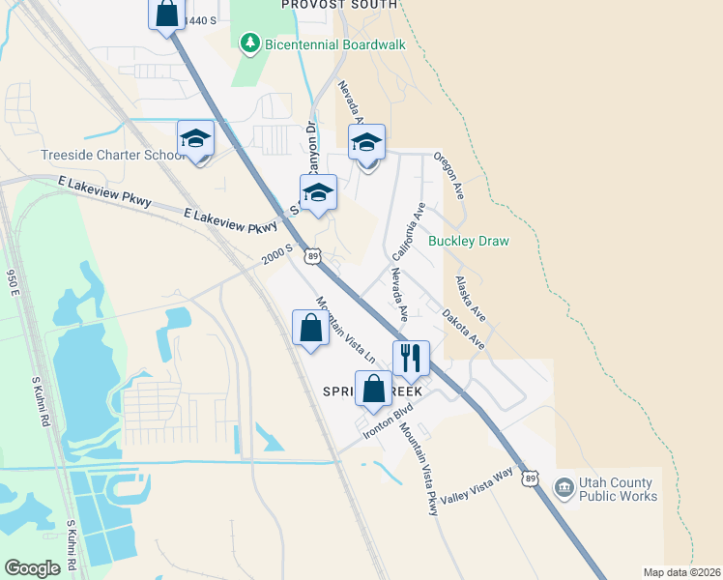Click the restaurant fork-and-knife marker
[x=411, y=358]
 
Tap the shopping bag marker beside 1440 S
[x=166, y=14]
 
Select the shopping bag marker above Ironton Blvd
[x=373, y=389]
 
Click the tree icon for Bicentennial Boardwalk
[x=250, y=43]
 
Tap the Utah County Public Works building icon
[x=564, y=486]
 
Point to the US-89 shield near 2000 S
[x=311, y=255]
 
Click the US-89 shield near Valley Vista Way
[x=530, y=478]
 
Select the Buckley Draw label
[x=468, y=241]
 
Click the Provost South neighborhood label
[x=338, y=5]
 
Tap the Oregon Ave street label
[x=449, y=175]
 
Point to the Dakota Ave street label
[x=463, y=328]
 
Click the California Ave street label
[x=409, y=232]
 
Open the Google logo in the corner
[x=32, y=568]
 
